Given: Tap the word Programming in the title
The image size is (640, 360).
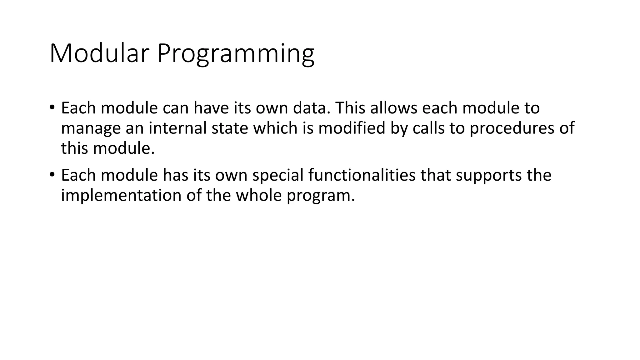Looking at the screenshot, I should click(235, 54).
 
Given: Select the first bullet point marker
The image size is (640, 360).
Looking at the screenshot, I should click(52, 107).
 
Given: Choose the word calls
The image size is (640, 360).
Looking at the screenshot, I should click(428, 128).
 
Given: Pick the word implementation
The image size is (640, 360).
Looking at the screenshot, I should click(121, 196).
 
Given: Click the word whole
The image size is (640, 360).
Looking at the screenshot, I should click(259, 195).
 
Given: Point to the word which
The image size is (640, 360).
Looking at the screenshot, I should click(275, 128).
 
